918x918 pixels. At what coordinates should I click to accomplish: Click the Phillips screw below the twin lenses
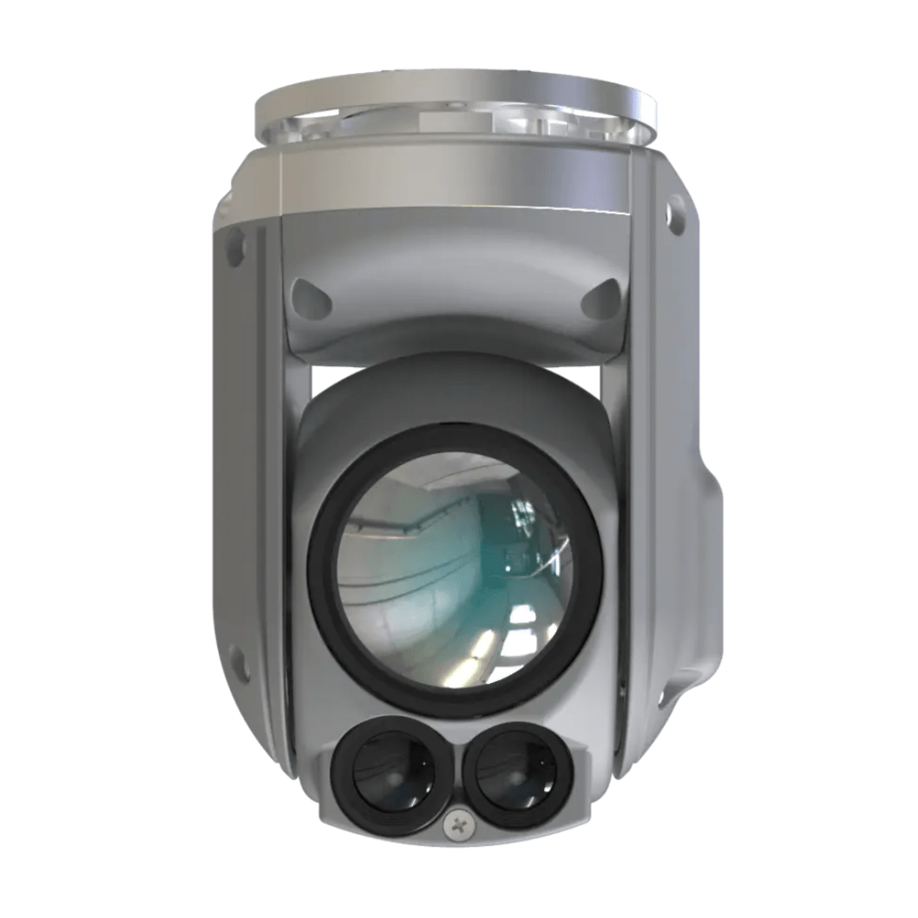456,825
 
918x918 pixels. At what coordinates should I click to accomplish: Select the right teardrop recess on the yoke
600,298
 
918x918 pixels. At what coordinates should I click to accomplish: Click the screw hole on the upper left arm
233,246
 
